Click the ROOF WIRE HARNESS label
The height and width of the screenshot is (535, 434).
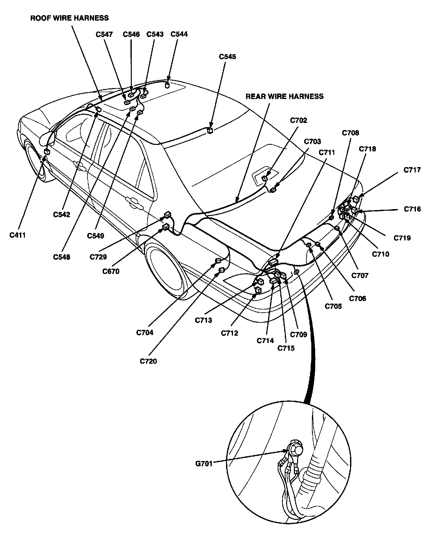(x=69, y=18)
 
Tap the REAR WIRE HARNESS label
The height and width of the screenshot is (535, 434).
(x=284, y=96)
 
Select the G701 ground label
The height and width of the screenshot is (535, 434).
(x=204, y=464)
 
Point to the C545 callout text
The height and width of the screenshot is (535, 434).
(x=227, y=57)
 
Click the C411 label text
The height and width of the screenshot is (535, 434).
(x=17, y=235)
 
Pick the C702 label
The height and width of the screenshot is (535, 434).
(x=298, y=121)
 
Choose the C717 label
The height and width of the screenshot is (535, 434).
(x=412, y=170)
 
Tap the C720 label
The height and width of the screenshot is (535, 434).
(x=148, y=361)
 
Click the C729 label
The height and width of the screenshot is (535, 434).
(x=99, y=257)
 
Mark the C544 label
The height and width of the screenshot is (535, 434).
(x=179, y=34)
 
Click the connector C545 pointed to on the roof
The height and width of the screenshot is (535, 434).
(x=210, y=130)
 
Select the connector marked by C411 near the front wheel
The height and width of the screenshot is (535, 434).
(x=47, y=152)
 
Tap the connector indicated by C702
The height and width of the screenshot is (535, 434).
(x=265, y=178)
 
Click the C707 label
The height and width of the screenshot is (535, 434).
(x=360, y=276)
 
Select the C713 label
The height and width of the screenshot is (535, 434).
(x=203, y=320)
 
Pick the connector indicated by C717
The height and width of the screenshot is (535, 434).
(x=356, y=199)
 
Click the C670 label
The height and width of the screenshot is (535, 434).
(x=111, y=271)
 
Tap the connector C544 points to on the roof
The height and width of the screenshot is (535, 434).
(x=167, y=85)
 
